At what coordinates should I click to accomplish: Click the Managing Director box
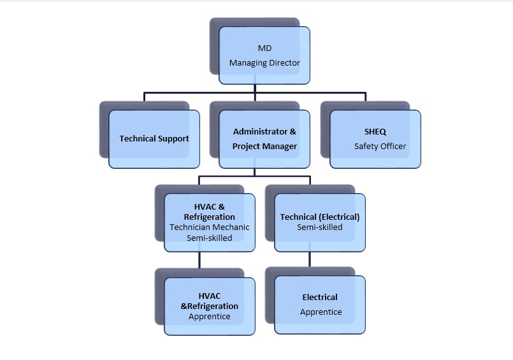264,55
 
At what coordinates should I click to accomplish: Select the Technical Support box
154,139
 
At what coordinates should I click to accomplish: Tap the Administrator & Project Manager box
264,139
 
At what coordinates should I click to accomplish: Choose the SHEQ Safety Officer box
375,139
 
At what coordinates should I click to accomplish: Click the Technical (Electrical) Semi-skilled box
320,222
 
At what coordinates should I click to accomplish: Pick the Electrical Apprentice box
320,305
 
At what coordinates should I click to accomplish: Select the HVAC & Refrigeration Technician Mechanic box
210,222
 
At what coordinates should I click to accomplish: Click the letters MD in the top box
264,48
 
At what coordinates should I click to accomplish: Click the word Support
173,139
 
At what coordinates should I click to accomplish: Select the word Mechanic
232,227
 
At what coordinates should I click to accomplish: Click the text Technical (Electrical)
320,217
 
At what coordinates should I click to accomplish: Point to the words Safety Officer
380,147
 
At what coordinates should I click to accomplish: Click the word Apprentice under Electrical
321,312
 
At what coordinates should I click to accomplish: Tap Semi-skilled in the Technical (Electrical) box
320,227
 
